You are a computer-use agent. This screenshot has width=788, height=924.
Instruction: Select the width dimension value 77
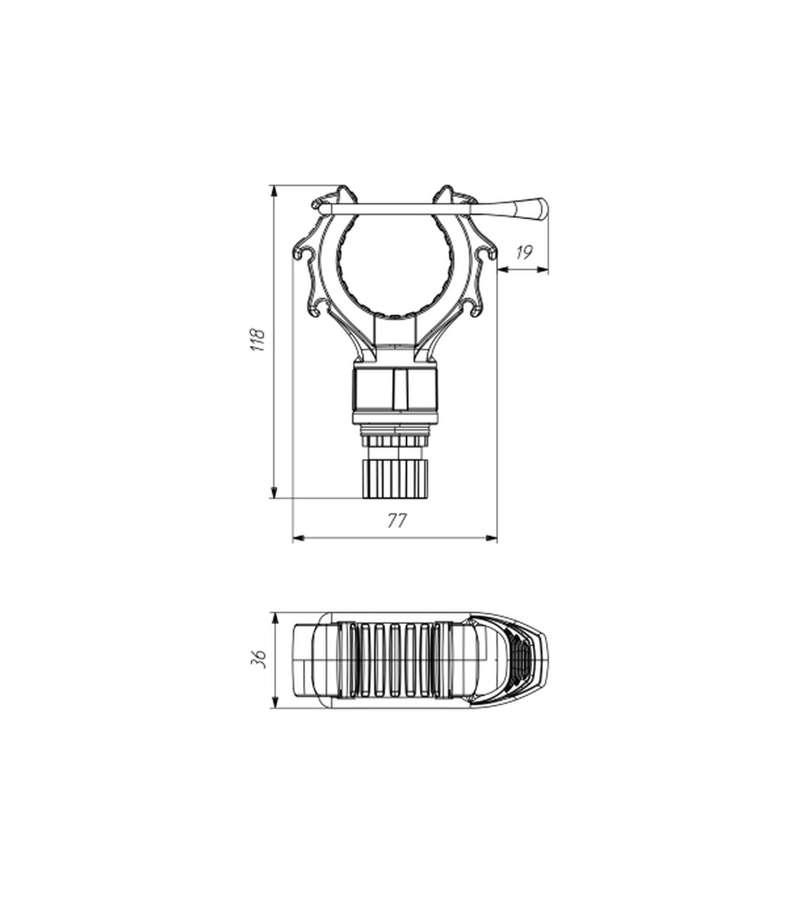pyautogui.click(x=397, y=521)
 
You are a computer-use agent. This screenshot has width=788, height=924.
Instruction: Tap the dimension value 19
pyautogui.click(x=523, y=253)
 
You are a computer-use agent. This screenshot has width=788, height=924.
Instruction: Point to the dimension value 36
pyautogui.click(x=259, y=658)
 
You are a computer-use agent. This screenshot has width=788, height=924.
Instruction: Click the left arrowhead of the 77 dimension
pyautogui.click(x=297, y=538)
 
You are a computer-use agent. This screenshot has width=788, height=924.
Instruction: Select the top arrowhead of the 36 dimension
pyautogui.click(x=275, y=617)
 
